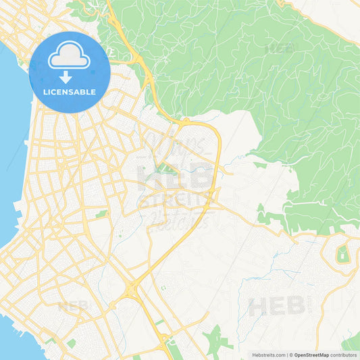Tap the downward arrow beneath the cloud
pos(66,76)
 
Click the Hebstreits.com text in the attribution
pos(269,354)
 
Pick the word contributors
pos(344,354)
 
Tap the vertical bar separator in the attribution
pos(288,354)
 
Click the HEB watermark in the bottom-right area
pos(276,306)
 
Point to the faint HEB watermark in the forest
pos(280,48)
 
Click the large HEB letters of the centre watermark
pos(175,177)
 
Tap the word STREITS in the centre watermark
pos(175,201)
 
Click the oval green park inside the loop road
pos(342,255)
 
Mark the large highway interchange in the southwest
pos(132,290)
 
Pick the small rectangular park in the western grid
pos(101,214)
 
